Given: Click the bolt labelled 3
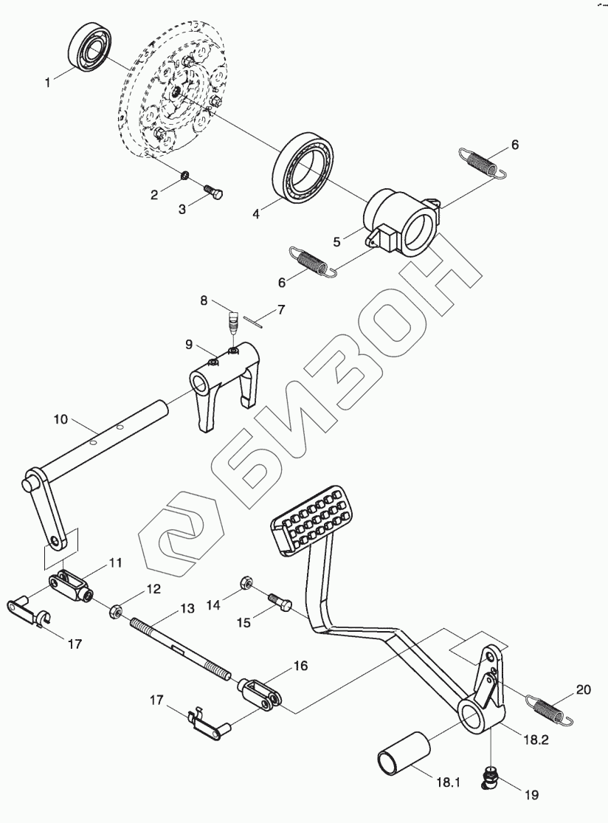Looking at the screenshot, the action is point(214,193).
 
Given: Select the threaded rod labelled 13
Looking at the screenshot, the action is point(182,650).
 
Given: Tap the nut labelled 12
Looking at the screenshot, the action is point(117,610).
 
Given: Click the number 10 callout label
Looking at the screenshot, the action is point(61,419).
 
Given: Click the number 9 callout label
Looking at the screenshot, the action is point(189,344).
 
